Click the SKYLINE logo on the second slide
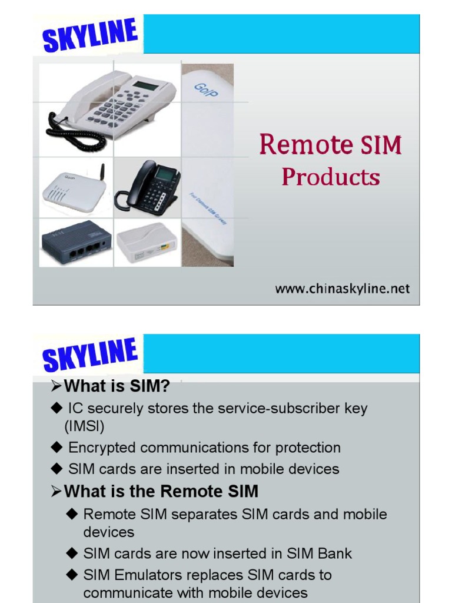[89, 355]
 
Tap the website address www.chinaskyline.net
[342, 289]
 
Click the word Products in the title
[330, 177]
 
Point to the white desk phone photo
[112, 106]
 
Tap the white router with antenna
[74, 190]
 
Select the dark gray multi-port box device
[76, 243]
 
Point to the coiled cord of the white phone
[74, 132]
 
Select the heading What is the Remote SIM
[161, 491]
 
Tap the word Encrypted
[102, 448]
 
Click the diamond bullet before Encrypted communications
[56, 448]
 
